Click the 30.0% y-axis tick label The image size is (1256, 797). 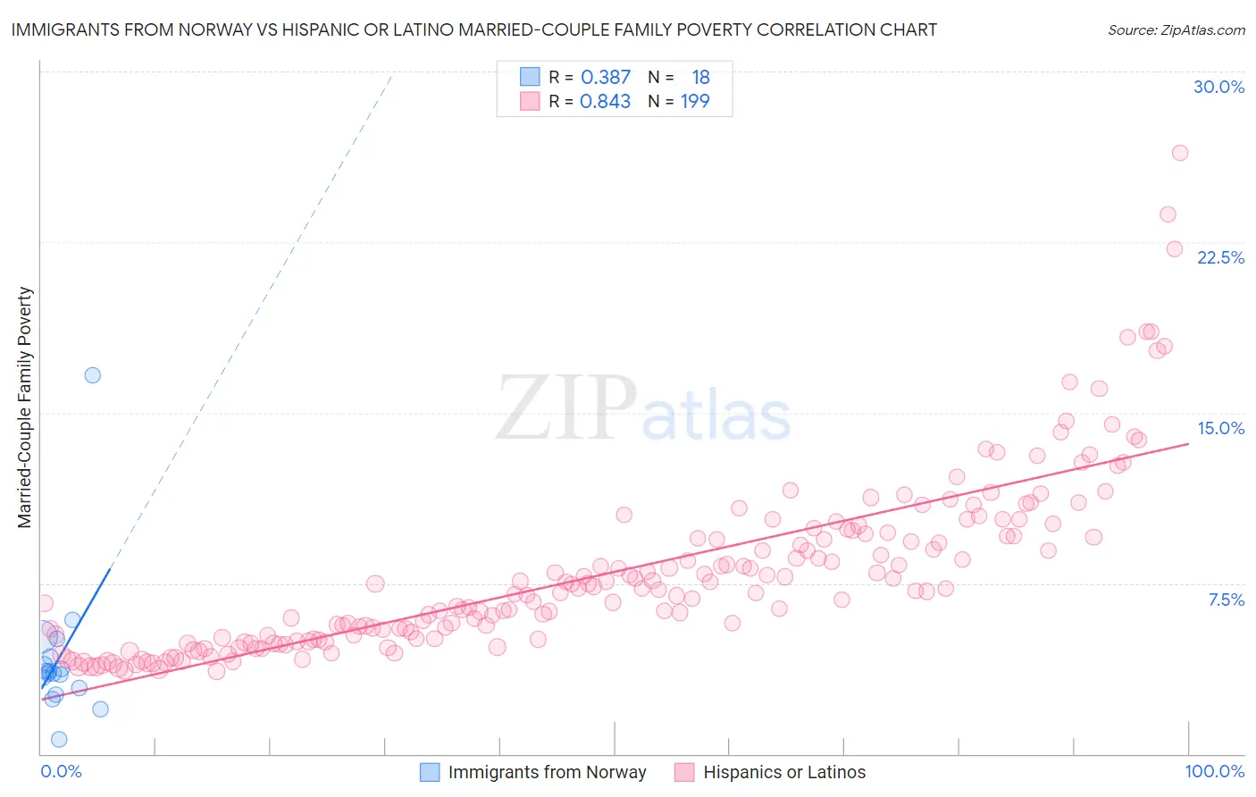(1218, 87)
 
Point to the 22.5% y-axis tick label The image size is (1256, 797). (1220, 257)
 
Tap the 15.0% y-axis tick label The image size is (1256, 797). (1220, 428)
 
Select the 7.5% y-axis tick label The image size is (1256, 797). (1226, 600)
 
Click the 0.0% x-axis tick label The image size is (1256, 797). (61, 771)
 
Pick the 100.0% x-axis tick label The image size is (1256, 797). (1214, 771)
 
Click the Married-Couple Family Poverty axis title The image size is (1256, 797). (25, 407)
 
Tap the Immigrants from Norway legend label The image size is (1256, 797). (547, 772)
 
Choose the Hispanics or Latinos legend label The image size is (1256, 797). (784, 772)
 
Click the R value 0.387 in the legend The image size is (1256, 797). (606, 78)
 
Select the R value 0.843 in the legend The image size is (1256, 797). (605, 102)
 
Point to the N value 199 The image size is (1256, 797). (695, 102)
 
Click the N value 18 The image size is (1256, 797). (700, 78)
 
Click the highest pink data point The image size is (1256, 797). (1179, 153)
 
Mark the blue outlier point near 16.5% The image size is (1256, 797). (92, 375)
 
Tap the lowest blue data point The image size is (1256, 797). (59, 739)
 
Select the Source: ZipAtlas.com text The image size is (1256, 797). (1176, 29)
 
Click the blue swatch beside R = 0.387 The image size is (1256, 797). (530, 77)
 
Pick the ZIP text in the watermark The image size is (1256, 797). (566, 407)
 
